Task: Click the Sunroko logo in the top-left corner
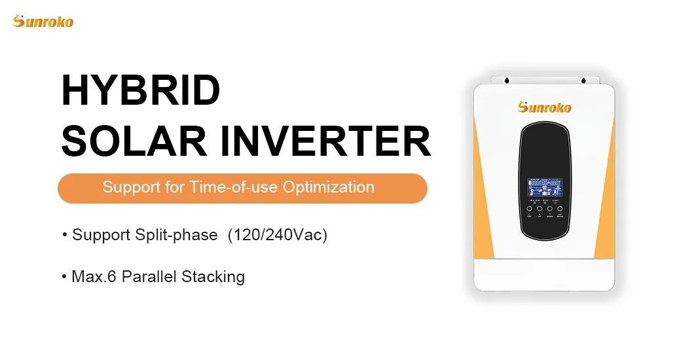[x=43, y=21]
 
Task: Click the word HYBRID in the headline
[x=140, y=91]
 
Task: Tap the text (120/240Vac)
[x=277, y=235]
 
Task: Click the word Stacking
[x=213, y=277]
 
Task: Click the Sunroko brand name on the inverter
[x=544, y=107]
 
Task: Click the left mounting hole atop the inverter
[x=507, y=81]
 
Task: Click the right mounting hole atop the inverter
[x=582, y=81]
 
